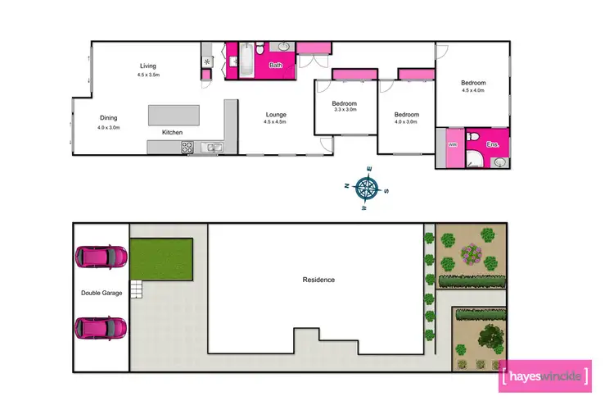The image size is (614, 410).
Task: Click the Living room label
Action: (x=147, y=66)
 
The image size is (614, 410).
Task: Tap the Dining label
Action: (x=109, y=118)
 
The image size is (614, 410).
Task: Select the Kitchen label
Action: (x=172, y=132)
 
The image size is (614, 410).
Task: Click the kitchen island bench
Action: (x=174, y=114)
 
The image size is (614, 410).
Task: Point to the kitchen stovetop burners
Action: (x=186, y=148)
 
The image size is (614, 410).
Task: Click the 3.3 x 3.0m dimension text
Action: (x=345, y=111)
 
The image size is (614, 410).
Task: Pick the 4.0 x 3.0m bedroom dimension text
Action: (x=407, y=121)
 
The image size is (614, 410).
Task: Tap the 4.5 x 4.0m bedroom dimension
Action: (x=473, y=90)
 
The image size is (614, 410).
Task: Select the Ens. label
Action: (x=492, y=144)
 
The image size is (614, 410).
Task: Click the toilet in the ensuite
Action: (x=472, y=136)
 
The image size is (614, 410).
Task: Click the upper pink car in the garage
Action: (x=101, y=257)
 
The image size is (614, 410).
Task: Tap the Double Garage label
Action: (x=101, y=293)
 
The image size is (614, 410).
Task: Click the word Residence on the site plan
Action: (x=318, y=280)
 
